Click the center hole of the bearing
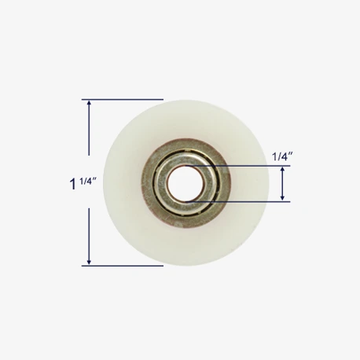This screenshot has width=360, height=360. pos(186,184)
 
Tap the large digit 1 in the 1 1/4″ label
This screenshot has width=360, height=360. pos(73,184)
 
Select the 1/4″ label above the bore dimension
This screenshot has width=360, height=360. pos(282,156)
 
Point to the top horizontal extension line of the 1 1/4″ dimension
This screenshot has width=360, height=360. pos(123,100)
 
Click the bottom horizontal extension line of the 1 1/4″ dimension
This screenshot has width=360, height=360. pos(123,266)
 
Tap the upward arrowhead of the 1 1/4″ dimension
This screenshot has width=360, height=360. pos(89,103)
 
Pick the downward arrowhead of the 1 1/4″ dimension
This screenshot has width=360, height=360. pos(89,263)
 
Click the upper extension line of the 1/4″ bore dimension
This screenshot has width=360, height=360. pos(238,166)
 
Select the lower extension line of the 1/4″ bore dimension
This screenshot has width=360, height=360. pos(238,202)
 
